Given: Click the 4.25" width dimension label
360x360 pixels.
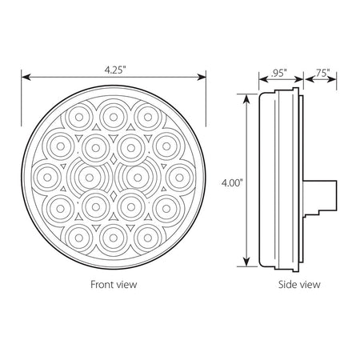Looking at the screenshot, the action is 115,70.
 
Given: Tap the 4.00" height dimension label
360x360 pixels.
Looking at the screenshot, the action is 232,183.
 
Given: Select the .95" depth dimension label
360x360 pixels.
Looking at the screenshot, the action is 279,73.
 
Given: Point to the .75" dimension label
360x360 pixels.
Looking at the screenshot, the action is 322,73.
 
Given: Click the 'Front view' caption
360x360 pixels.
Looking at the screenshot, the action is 114,284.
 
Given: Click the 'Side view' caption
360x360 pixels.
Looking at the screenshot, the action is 299,284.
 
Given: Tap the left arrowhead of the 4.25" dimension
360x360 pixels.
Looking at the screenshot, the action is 26,78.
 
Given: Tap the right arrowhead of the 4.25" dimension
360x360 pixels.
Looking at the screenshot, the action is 202,78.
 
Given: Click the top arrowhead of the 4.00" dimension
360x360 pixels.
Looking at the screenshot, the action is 247,98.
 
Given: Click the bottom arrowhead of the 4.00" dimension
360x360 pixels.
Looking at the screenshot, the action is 247,262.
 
